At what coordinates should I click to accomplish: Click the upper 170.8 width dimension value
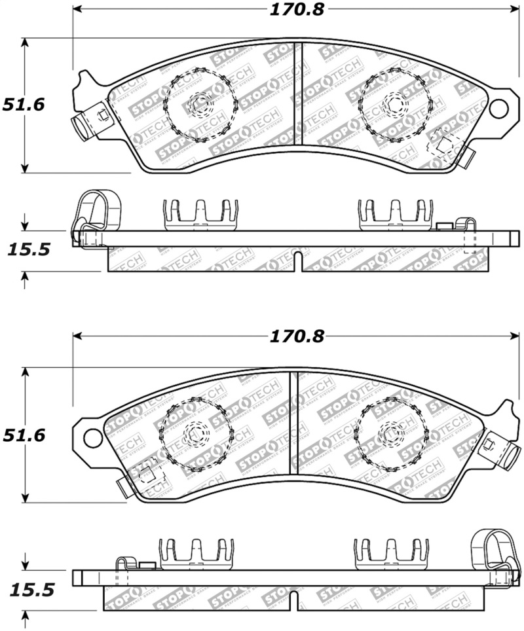click(x=297, y=10)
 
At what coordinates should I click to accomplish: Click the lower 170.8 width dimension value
click(x=297, y=336)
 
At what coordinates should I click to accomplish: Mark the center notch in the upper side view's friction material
click(x=297, y=261)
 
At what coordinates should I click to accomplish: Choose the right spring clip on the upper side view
click(x=396, y=215)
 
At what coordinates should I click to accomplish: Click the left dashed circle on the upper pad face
click(x=199, y=105)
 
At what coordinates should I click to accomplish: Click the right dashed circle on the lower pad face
click(x=391, y=435)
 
